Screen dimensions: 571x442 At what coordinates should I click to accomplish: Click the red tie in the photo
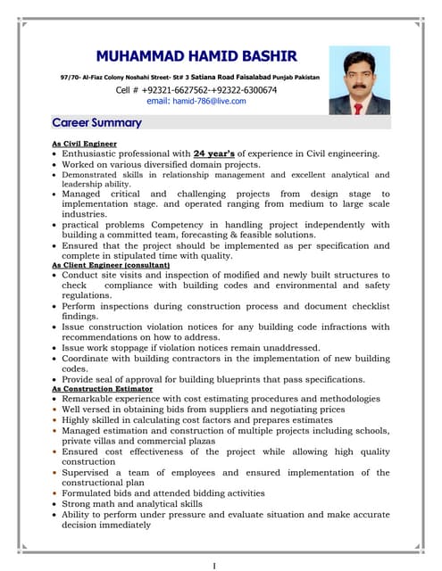tap(358, 108)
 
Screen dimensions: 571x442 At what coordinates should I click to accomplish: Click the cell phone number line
tap(196, 90)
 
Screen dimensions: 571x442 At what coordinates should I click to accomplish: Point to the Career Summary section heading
tap(96, 122)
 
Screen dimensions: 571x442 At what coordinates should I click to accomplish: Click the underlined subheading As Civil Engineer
tap(84, 143)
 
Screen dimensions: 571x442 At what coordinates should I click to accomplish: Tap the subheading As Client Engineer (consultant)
tap(111, 265)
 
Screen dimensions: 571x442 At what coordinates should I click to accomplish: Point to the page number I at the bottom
tap(214, 566)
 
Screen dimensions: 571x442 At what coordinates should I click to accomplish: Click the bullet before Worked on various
tap(55, 165)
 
